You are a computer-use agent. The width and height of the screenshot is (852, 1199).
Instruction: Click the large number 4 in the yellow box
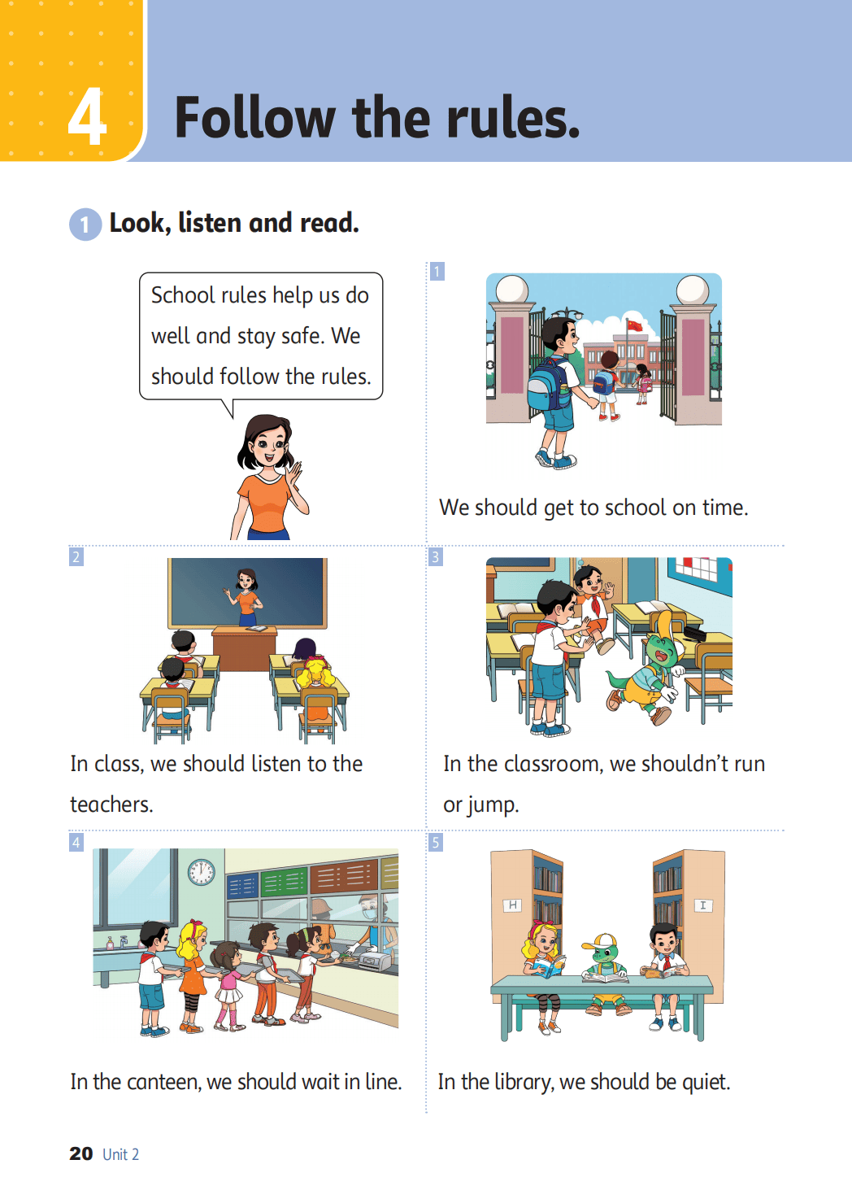(87, 116)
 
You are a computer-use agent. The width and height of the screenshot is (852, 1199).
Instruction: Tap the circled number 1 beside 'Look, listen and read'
(85, 224)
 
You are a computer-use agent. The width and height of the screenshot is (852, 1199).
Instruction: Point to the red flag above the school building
(634, 325)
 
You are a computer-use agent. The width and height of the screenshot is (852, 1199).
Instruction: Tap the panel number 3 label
(436, 557)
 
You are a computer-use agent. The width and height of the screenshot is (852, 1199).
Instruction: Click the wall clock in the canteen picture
(202, 872)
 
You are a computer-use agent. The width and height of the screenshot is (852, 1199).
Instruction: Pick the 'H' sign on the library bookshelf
(512, 905)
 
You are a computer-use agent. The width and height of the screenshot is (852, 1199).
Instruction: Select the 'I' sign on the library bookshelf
(702, 905)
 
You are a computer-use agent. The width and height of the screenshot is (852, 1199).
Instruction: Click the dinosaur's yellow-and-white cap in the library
(601, 941)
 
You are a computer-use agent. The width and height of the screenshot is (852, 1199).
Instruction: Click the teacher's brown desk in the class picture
(245, 648)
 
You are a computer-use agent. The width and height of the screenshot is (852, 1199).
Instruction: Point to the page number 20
(81, 1153)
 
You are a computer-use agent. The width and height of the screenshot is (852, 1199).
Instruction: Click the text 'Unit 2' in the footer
(120, 1154)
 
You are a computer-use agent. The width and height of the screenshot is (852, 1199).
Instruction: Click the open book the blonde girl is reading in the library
(548, 966)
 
